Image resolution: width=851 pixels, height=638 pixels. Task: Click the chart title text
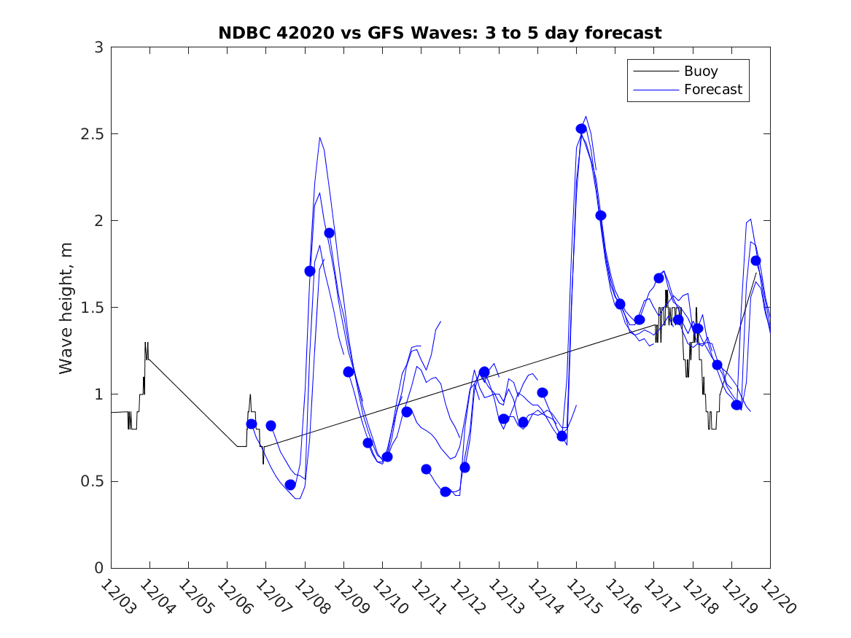[440, 33]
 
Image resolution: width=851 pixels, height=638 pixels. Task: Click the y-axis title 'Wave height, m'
[66, 308]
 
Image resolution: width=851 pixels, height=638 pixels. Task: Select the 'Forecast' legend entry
[712, 90]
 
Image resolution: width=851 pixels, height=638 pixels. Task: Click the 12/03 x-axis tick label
[117, 596]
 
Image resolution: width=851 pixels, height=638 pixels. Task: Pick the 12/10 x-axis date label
[387, 596]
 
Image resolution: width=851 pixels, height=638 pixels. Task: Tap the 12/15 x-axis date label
[581, 596]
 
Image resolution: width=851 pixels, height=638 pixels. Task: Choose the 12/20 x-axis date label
[775, 596]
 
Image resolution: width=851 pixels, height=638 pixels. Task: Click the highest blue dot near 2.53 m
[581, 128]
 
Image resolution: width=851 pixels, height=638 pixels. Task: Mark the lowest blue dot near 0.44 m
[446, 491]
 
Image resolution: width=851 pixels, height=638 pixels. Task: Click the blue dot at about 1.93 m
[329, 233]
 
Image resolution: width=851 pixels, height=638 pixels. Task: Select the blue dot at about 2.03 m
[601, 215]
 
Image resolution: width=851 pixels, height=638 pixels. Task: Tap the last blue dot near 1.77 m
[755, 260]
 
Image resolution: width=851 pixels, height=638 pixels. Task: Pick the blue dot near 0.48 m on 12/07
[290, 485]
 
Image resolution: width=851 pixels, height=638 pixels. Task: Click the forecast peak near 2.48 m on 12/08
[319, 138]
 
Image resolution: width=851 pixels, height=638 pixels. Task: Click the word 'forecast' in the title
[626, 33]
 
